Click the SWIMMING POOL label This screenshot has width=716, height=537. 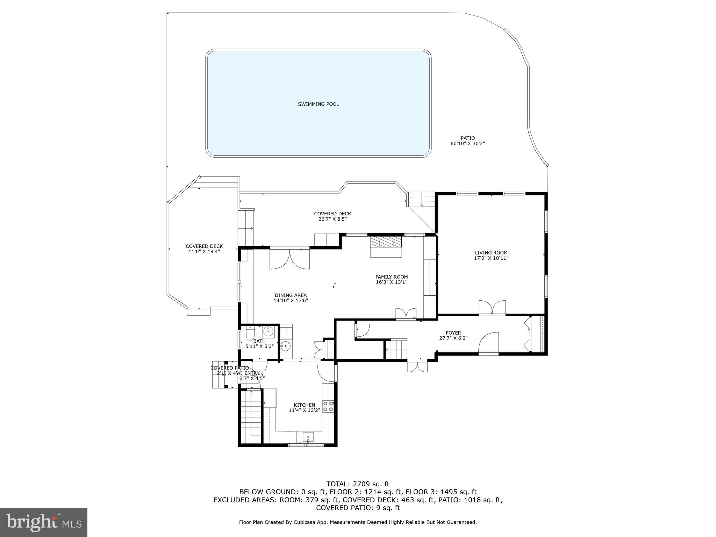pyautogui.click(x=318, y=104)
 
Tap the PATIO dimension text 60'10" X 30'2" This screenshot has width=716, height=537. pyautogui.click(x=467, y=144)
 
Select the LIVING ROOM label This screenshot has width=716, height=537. pyautogui.click(x=491, y=253)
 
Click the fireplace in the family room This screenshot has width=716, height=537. pyautogui.click(x=386, y=247)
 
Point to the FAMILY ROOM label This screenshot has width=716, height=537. pyautogui.click(x=392, y=277)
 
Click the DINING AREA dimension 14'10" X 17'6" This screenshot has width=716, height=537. pyautogui.click(x=291, y=301)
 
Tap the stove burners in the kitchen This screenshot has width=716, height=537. pyautogui.click(x=328, y=406)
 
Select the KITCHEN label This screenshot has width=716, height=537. pyautogui.click(x=304, y=405)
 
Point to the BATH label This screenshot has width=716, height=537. pyautogui.click(x=259, y=341)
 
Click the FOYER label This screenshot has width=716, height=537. pyautogui.click(x=453, y=333)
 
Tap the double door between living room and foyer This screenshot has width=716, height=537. pyautogui.click(x=492, y=308)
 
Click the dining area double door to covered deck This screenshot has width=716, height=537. pyautogui.click(x=289, y=259)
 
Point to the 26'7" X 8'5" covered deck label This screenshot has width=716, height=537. pyautogui.click(x=332, y=219)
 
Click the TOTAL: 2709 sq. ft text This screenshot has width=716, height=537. pyautogui.click(x=358, y=484)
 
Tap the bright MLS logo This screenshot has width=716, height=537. pyautogui.click(x=44, y=522)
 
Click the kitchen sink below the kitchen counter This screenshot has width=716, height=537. pyautogui.click(x=308, y=437)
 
